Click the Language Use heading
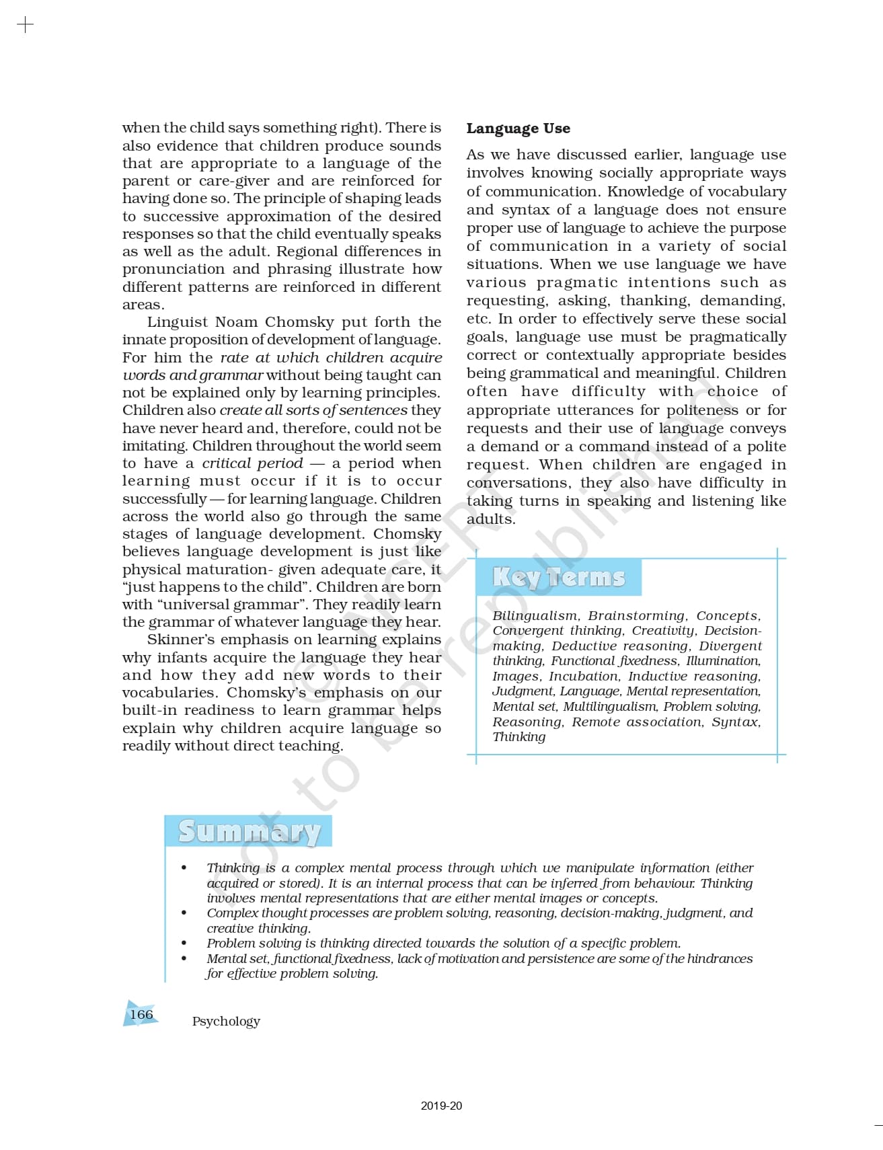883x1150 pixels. click(518, 128)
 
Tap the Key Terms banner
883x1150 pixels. click(558, 577)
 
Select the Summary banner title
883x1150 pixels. click(249, 832)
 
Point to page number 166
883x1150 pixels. click(141, 1014)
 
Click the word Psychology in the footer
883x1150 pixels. click(226, 1021)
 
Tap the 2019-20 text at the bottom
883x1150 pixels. click(441, 1106)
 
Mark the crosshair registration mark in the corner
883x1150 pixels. click(25, 26)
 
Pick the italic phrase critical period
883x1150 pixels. click(252, 463)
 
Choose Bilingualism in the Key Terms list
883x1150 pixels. click(535, 615)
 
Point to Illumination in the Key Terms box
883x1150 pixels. click(722, 661)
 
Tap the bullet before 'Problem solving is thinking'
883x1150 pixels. click(184, 944)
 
